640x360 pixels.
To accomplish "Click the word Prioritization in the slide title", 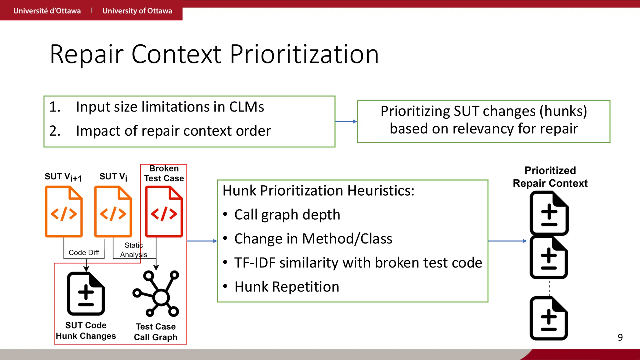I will [304, 54].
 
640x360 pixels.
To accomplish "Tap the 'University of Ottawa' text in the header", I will [137, 11].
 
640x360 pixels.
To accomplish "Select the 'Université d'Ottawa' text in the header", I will [47, 11].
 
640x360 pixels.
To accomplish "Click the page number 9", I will [620, 337].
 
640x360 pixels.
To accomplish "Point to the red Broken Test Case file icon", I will [164, 212].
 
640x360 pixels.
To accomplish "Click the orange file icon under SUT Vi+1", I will [64, 212].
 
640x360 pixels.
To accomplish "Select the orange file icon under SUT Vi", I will [113, 212].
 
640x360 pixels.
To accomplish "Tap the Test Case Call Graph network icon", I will [156, 294].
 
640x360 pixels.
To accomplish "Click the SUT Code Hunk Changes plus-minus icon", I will [86, 294].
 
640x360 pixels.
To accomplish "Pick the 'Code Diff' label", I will [84, 252].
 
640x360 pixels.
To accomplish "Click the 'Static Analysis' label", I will [134, 250].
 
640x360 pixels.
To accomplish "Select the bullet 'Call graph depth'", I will [287, 215].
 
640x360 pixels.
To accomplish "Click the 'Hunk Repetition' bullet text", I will [287, 287].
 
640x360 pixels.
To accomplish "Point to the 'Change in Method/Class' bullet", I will [313, 239].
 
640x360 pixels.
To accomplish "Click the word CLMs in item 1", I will [247, 107].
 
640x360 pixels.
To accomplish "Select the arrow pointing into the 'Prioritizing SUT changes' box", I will [346, 122].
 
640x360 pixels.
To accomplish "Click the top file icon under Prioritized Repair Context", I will [549, 213].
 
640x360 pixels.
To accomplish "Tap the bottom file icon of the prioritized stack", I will [549, 318].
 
